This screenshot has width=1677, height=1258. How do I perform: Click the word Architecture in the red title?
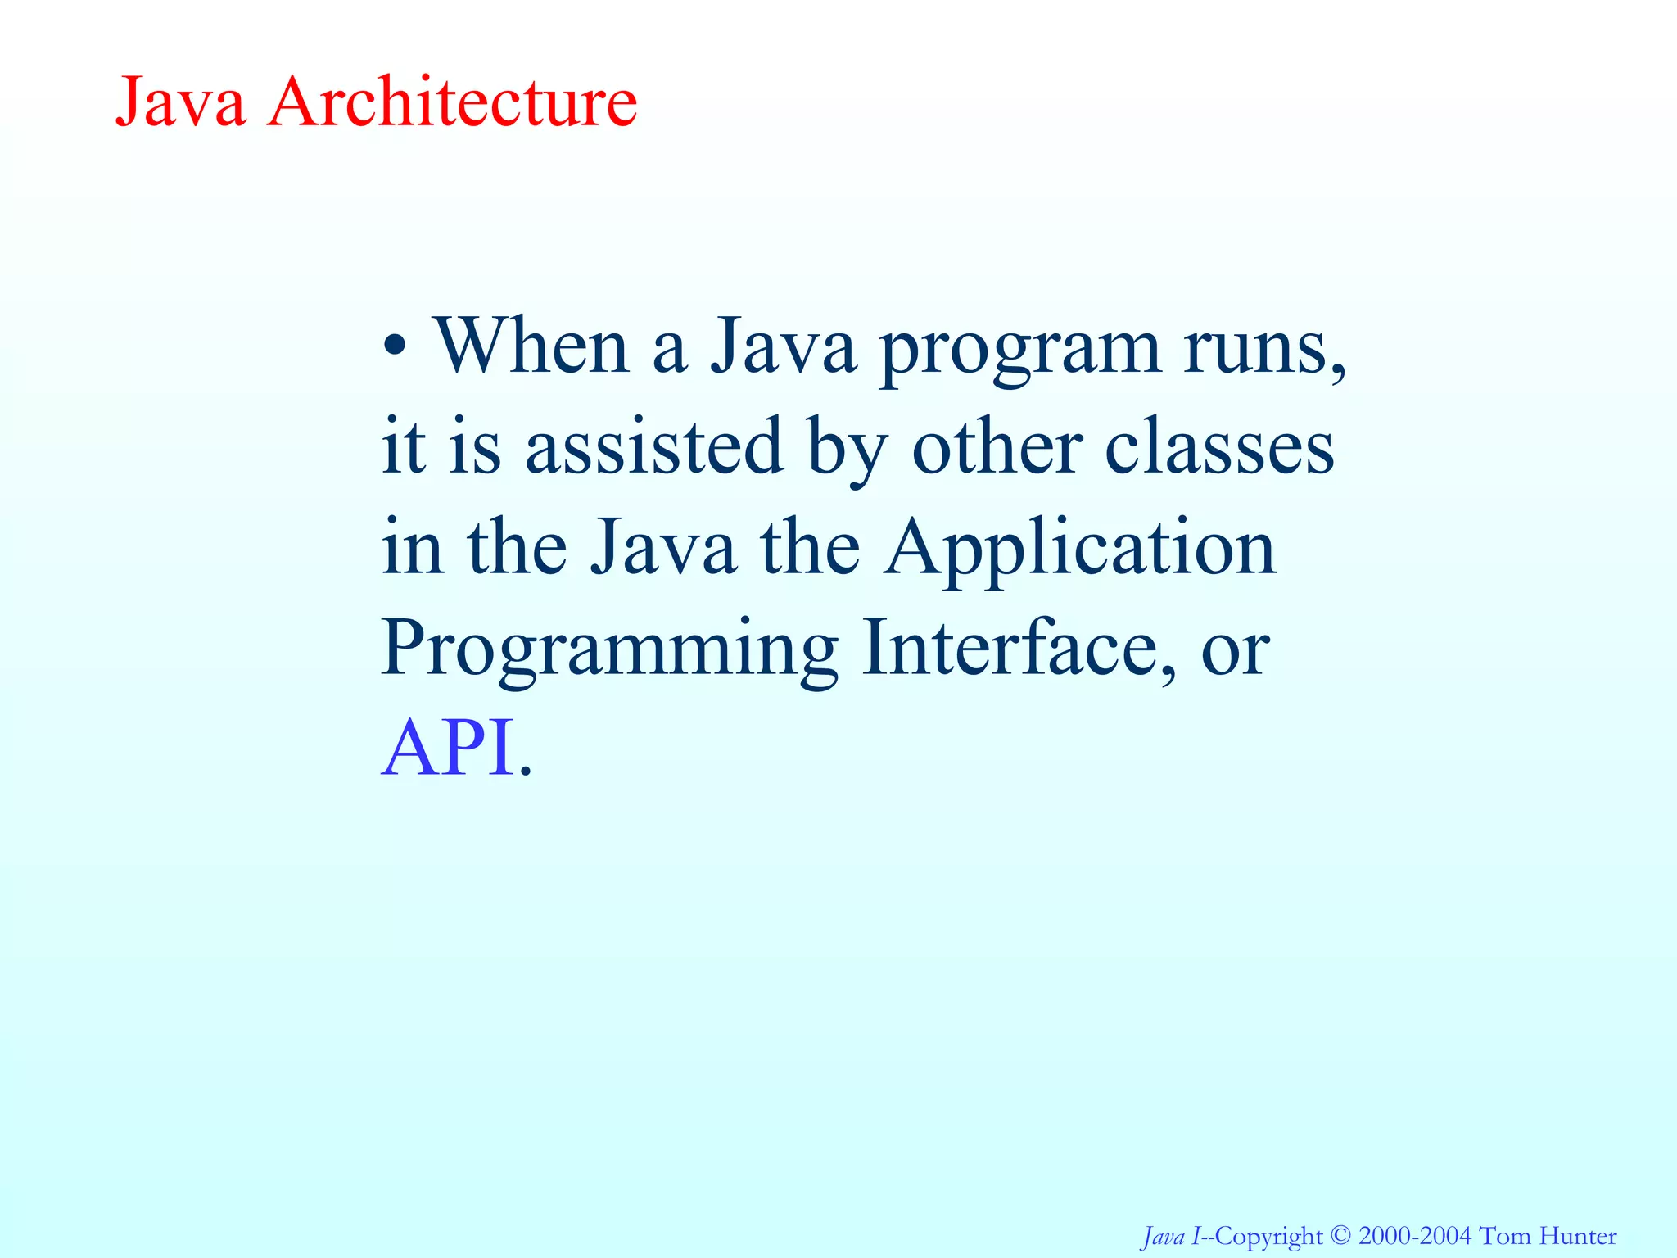(452, 102)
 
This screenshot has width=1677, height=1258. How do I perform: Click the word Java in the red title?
(181, 102)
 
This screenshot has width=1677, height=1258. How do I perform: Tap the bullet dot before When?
(395, 347)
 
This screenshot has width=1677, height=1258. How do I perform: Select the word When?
(531, 346)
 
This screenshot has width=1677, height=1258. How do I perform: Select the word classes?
(1219, 449)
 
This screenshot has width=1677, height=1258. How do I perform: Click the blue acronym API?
(449, 747)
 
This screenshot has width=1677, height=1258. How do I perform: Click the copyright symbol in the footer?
(1340, 1235)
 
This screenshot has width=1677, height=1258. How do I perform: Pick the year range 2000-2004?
(1415, 1235)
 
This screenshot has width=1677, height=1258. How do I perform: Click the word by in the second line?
(847, 449)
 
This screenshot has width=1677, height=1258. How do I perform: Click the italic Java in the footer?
(1164, 1236)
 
